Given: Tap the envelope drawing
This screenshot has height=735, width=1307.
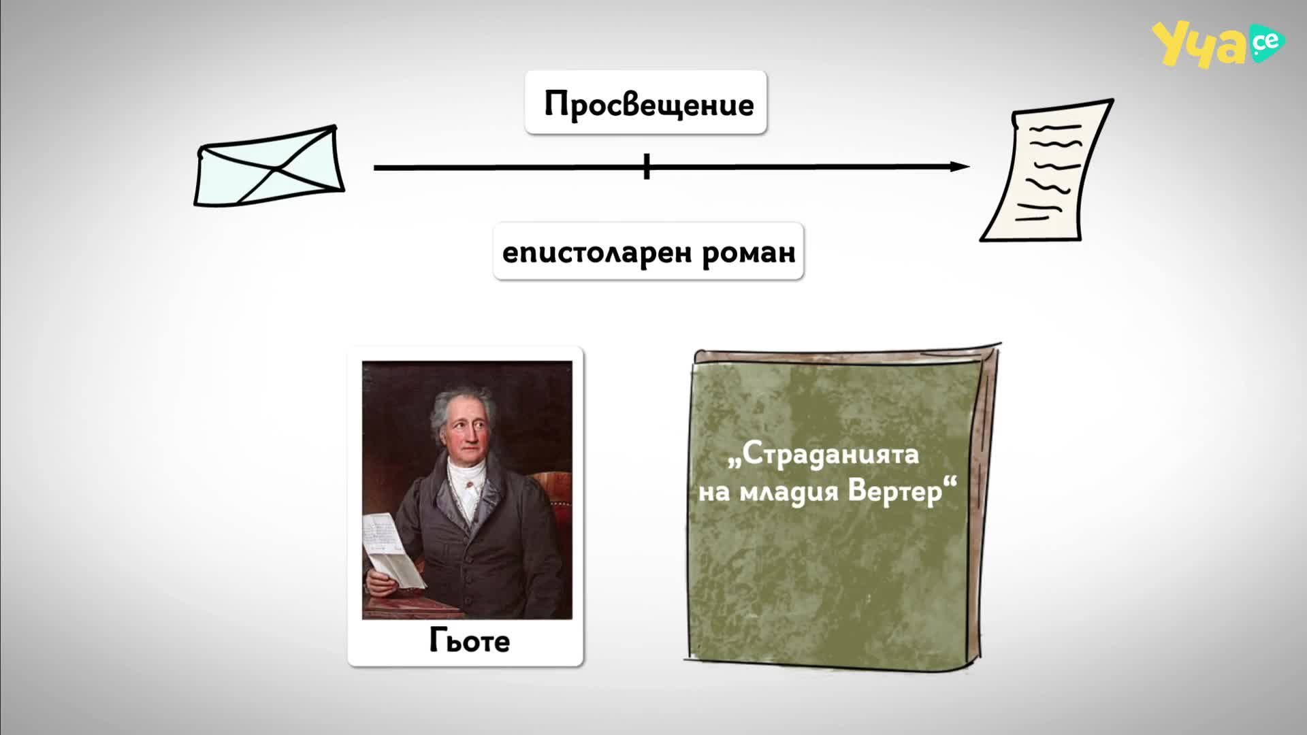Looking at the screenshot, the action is [270, 165].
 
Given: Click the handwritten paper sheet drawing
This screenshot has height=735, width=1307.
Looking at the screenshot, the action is [1046, 171].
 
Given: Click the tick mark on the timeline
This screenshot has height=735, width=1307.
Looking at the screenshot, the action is [647, 167].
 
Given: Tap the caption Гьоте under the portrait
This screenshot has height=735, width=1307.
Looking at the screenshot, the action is [469, 641].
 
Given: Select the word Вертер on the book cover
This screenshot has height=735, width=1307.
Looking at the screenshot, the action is [895, 491].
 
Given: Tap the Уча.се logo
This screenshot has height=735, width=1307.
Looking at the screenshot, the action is [1218, 45].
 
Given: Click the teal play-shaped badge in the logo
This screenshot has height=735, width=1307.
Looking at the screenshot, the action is [1265, 43].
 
